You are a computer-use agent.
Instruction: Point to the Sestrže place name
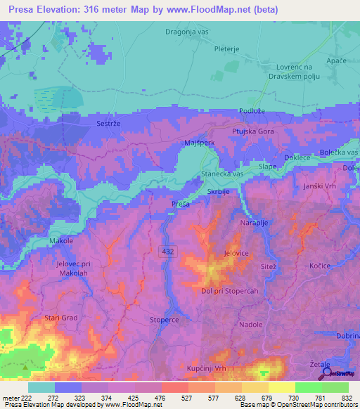click(x=109, y=123)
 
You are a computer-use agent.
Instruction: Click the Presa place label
click(x=181, y=204)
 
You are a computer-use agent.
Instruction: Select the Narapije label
click(x=276, y=222)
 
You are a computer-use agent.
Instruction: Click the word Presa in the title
click(x=27, y=10)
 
